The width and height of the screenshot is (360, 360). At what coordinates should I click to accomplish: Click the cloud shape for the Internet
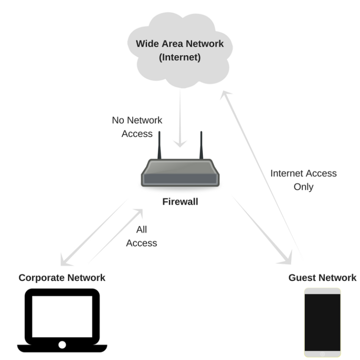[x=180, y=70]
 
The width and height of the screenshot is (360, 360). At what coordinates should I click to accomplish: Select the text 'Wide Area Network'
[x=180, y=44]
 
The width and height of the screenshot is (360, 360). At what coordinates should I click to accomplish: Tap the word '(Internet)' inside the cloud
[x=180, y=58]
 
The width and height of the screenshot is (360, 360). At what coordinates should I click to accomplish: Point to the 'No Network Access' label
[x=137, y=127]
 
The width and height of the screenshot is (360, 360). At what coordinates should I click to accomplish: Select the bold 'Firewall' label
[x=180, y=202]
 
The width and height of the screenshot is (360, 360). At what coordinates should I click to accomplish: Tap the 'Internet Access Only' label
[x=303, y=180]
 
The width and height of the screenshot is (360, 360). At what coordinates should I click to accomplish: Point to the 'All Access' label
[x=142, y=236]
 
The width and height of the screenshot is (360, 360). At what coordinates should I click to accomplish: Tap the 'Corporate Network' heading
[x=62, y=278]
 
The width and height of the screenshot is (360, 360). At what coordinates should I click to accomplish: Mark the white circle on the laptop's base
[x=62, y=345]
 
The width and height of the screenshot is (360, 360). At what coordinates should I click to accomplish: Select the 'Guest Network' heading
[x=322, y=278]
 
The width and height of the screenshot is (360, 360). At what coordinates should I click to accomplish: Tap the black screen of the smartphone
[x=322, y=321]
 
